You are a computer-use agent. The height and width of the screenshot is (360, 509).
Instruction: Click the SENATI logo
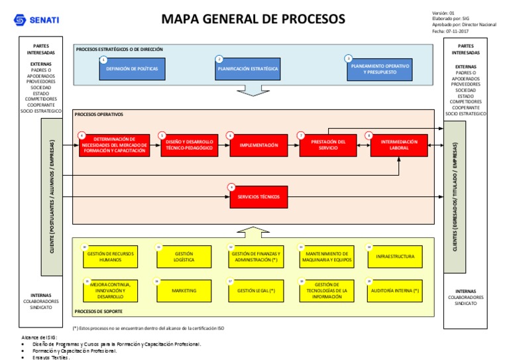pos(36,20)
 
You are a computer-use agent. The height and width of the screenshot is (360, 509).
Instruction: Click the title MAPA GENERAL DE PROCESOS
pos(253,19)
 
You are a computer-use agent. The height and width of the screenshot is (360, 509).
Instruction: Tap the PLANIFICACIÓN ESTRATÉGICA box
pos(248,69)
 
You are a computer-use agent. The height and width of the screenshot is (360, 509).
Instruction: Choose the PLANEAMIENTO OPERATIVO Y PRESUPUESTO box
pos(380,70)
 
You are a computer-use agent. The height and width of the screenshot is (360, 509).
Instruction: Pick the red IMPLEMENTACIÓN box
pos(258,145)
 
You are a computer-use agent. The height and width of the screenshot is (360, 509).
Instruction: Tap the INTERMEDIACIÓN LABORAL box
pos(400,145)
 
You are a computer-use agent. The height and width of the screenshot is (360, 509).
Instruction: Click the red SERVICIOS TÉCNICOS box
pos(258,197)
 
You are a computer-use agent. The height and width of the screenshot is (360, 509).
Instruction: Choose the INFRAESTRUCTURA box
pos(394,257)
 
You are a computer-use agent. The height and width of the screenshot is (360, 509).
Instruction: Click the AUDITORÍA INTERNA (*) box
pos(394,290)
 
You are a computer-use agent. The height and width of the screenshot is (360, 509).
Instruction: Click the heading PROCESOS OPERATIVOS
pos(99,114)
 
